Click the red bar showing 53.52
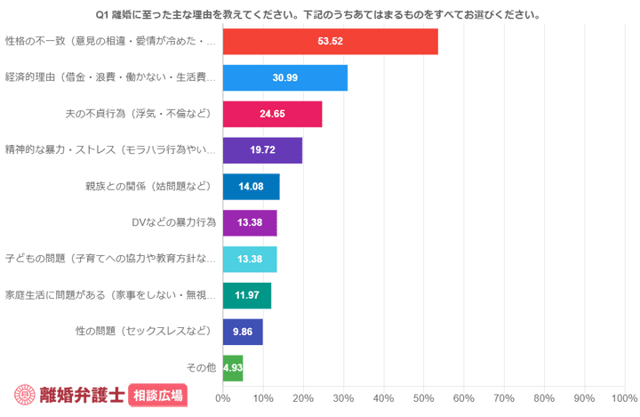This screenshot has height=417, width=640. pyautogui.click(x=330, y=42)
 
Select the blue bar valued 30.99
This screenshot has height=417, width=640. pyautogui.click(x=284, y=78)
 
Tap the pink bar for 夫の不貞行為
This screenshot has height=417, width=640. pyautogui.click(x=272, y=115)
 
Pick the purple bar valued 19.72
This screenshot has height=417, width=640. pyautogui.click(x=262, y=150)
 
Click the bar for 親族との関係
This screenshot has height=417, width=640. pyautogui.click(x=251, y=187)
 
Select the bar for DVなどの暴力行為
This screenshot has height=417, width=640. pyautogui.click(x=250, y=223)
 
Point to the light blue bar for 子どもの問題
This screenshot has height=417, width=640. pyautogui.click(x=250, y=259)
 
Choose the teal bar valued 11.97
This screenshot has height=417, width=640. pyautogui.click(x=246, y=295)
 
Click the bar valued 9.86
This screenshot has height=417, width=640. pyautogui.click(x=243, y=332)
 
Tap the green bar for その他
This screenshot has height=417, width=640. pyautogui.click(x=232, y=367)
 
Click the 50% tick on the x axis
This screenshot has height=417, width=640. pyautogui.click(x=424, y=397)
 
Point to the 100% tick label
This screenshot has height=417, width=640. pyautogui.click(x=623, y=397)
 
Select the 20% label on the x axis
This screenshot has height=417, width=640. pyautogui.click(x=303, y=397)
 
